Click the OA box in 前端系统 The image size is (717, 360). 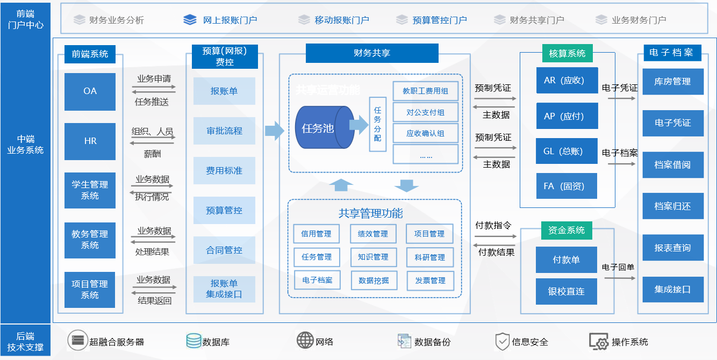coord(90,91)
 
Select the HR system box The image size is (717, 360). coord(90,141)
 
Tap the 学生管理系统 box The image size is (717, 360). coord(90,190)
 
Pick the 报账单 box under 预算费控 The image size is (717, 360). coord(224,91)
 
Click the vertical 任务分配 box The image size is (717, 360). coord(377,124)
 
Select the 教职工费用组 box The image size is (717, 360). coord(425,91)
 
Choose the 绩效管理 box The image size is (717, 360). coord(373,234)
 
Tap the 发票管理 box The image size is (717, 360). coord(430,280)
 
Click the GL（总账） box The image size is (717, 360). coord(567,151)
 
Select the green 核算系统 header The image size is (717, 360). coord(567,53)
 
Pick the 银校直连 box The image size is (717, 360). coord(566,291)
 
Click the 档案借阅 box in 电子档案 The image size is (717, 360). coord(672,164)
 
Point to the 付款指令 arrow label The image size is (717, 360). coord(493,226)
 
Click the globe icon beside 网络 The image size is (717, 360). coord(305,341)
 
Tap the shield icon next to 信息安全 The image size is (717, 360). coord(502,341)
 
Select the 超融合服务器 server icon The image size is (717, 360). coord(78,341)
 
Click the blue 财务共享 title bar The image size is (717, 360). coord(372,53)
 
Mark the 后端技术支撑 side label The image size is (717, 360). coord(25,342)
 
